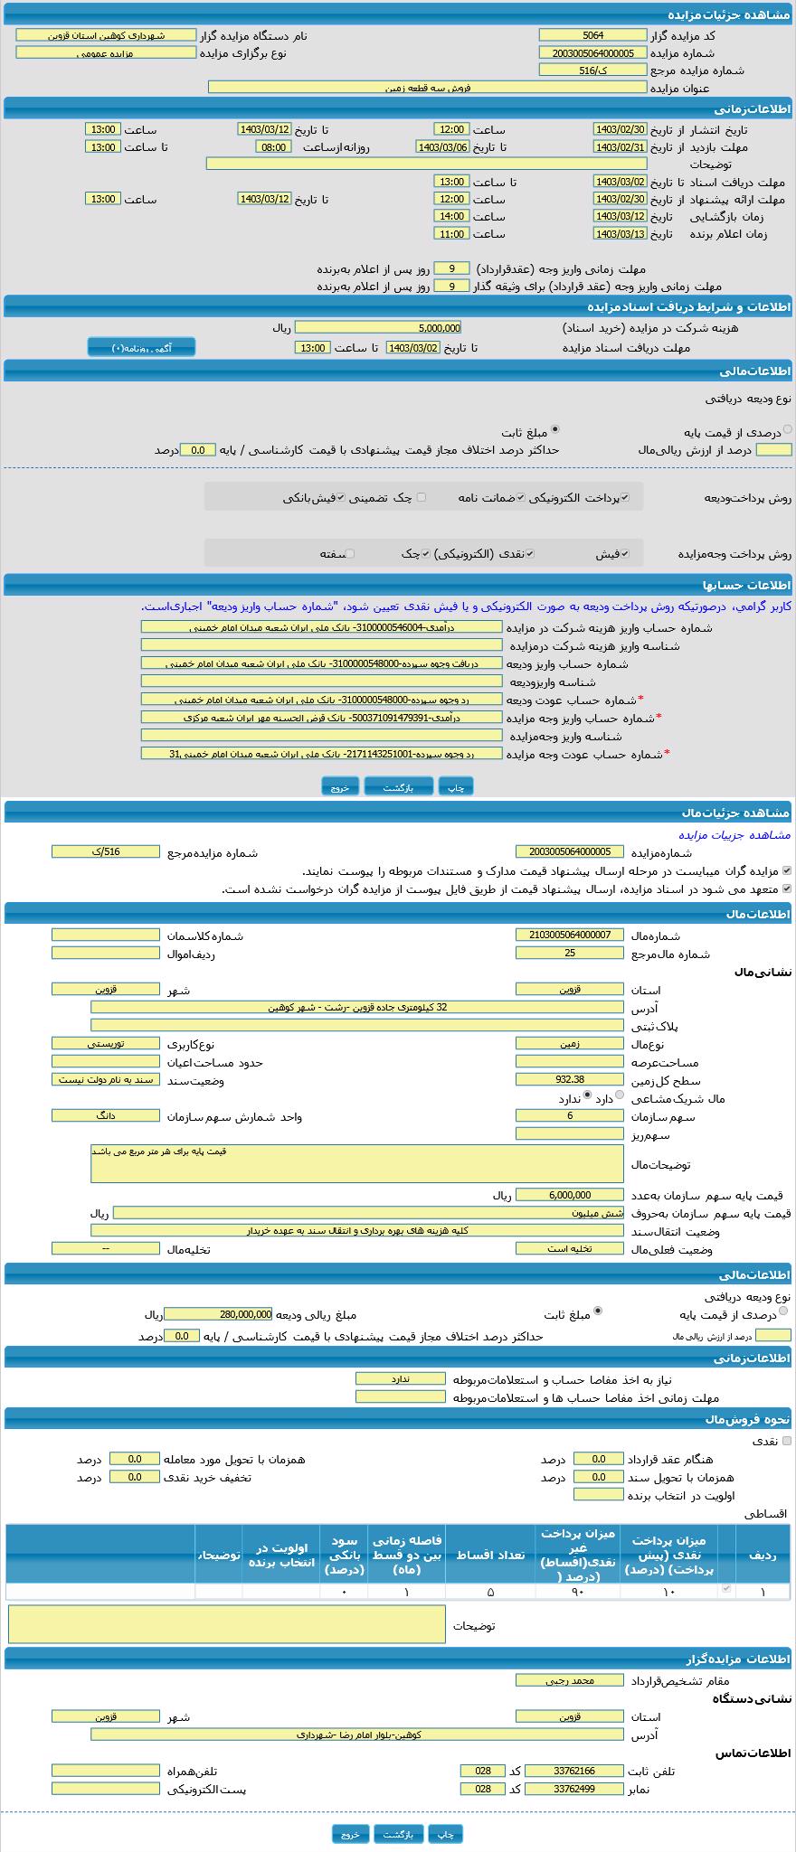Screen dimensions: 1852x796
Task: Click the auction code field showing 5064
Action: pyautogui.click(x=592, y=35)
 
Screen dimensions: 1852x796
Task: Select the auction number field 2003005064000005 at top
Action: pyautogui.click(x=592, y=52)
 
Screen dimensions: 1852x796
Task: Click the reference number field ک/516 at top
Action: pyautogui.click(x=592, y=70)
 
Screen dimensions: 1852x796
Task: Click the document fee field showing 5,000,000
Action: pyautogui.click(x=377, y=328)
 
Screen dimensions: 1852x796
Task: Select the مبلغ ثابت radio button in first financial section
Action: pyautogui.click(x=554, y=430)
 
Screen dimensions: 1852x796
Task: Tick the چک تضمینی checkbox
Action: pyautogui.click(x=421, y=497)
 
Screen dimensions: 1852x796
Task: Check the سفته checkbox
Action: pyautogui.click(x=350, y=554)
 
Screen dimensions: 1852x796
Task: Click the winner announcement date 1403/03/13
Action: pyautogui.click(x=620, y=234)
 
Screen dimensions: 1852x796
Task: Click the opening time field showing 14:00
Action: pyautogui.click(x=450, y=217)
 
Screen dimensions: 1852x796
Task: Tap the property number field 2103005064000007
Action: pyautogui.click(x=569, y=935)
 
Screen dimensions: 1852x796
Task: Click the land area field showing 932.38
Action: pyautogui.click(x=569, y=1079)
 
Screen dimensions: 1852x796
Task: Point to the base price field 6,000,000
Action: pyautogui.click(x=569, y=1195)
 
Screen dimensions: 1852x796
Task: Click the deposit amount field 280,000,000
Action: pyautogui.click(x=217, y=1314)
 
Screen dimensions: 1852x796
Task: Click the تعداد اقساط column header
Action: pyautogui.click(x=492, y=1555)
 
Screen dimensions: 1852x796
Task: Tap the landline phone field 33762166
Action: pyautogui.click(x=573, y=1771)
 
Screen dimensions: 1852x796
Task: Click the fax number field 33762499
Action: pyautogui.click(x=573, y=1789)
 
